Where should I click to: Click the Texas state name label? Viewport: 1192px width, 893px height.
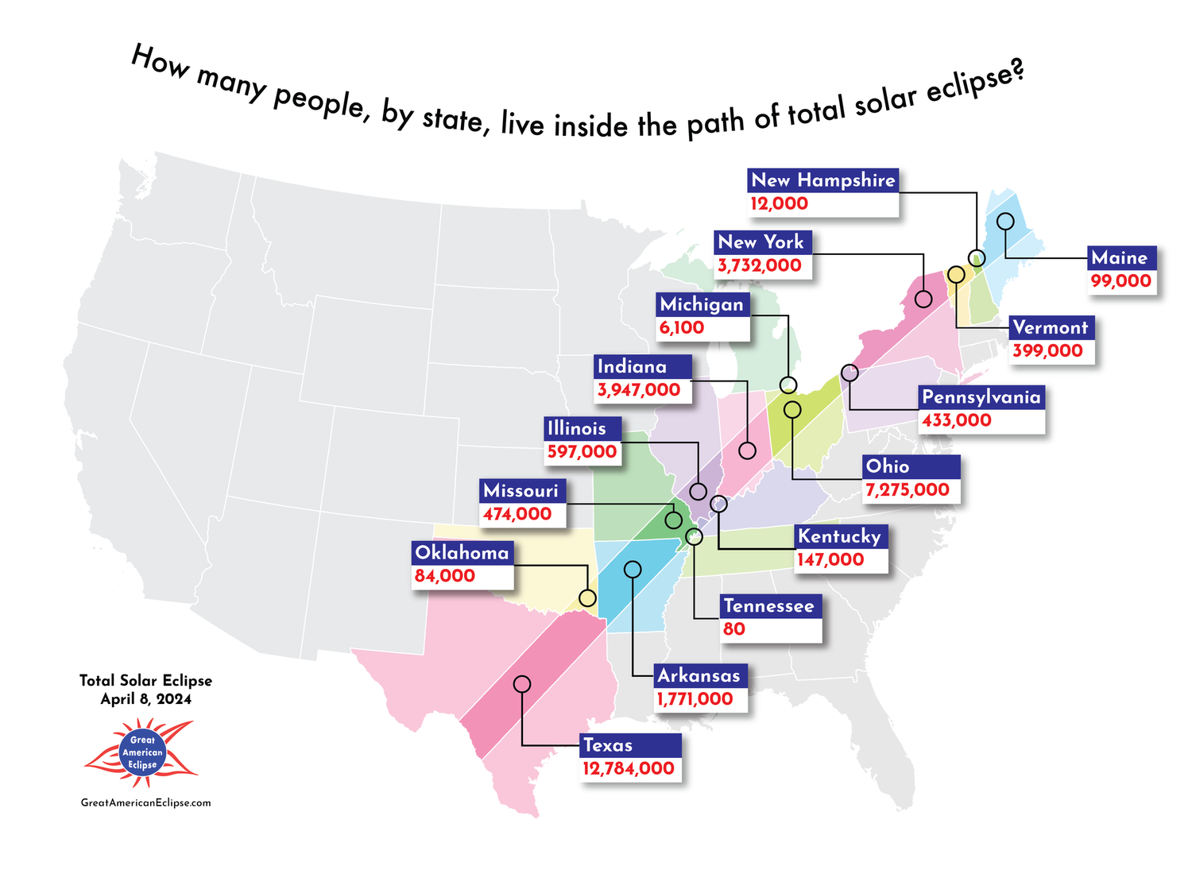tap(609, 745)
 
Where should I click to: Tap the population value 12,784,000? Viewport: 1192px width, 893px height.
tap(629, 769)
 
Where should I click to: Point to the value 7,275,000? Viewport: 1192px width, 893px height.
tap(908, 490)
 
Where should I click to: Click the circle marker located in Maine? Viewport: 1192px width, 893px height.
tap(1005, 222)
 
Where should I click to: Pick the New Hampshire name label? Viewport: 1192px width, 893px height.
tap(823, 180)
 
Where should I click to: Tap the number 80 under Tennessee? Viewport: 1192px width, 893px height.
tap(734, 629)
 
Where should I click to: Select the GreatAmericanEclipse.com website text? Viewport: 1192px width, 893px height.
tap(146, 802)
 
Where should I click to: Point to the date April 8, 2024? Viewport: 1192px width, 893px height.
tap(146, 699)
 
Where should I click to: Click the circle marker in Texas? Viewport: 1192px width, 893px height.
tap(522, 684)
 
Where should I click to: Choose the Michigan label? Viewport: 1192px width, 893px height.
tap(702, 304)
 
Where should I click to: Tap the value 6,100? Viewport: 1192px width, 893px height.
tap(682, 327)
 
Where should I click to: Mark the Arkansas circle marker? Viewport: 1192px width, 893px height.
tap(633, 569)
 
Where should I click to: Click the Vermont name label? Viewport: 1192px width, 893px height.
tap(1051, 327)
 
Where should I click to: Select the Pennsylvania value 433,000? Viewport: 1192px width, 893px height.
tap(957, 420)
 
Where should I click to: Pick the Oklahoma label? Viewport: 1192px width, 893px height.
tap(462, 553)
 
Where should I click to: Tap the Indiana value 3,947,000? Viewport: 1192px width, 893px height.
tap(639, 390)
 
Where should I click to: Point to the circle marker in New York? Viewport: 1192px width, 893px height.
tap(923, 299)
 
